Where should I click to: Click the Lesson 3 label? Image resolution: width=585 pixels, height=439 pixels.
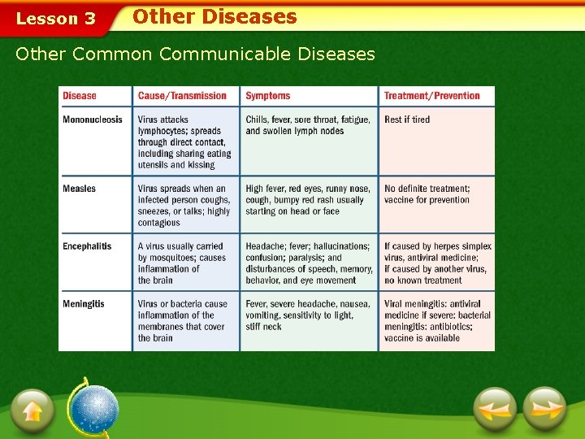click(x=56, y=19)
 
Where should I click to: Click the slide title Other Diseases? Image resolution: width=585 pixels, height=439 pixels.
click(x=214, y=17)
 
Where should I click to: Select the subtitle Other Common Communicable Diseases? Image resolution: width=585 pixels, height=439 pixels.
click(x=195, y=54)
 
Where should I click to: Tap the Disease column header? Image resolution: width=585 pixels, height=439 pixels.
click(x=80, y=96)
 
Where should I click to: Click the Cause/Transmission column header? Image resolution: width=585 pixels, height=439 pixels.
click(x=182, y=96)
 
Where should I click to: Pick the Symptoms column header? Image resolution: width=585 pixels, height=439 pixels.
click(x=268, y=96)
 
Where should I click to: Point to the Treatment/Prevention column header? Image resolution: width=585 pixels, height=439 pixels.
click(x=432, y=96)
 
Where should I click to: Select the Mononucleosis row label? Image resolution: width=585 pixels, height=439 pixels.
click(x=93, y=120)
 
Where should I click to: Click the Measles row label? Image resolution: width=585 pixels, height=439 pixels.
click(x=80, y=189)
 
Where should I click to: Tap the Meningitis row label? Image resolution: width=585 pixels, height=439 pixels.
click(x=84, y=304)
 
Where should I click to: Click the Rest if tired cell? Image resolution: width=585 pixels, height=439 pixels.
click(x=407, y=120)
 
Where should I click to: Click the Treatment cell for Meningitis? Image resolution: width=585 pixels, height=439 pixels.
click(x=437, y=321)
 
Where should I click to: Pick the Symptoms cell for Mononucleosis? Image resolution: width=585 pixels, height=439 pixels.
click(x=306, y=125)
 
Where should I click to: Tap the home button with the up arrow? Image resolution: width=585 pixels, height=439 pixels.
click(x=32, y=410)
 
